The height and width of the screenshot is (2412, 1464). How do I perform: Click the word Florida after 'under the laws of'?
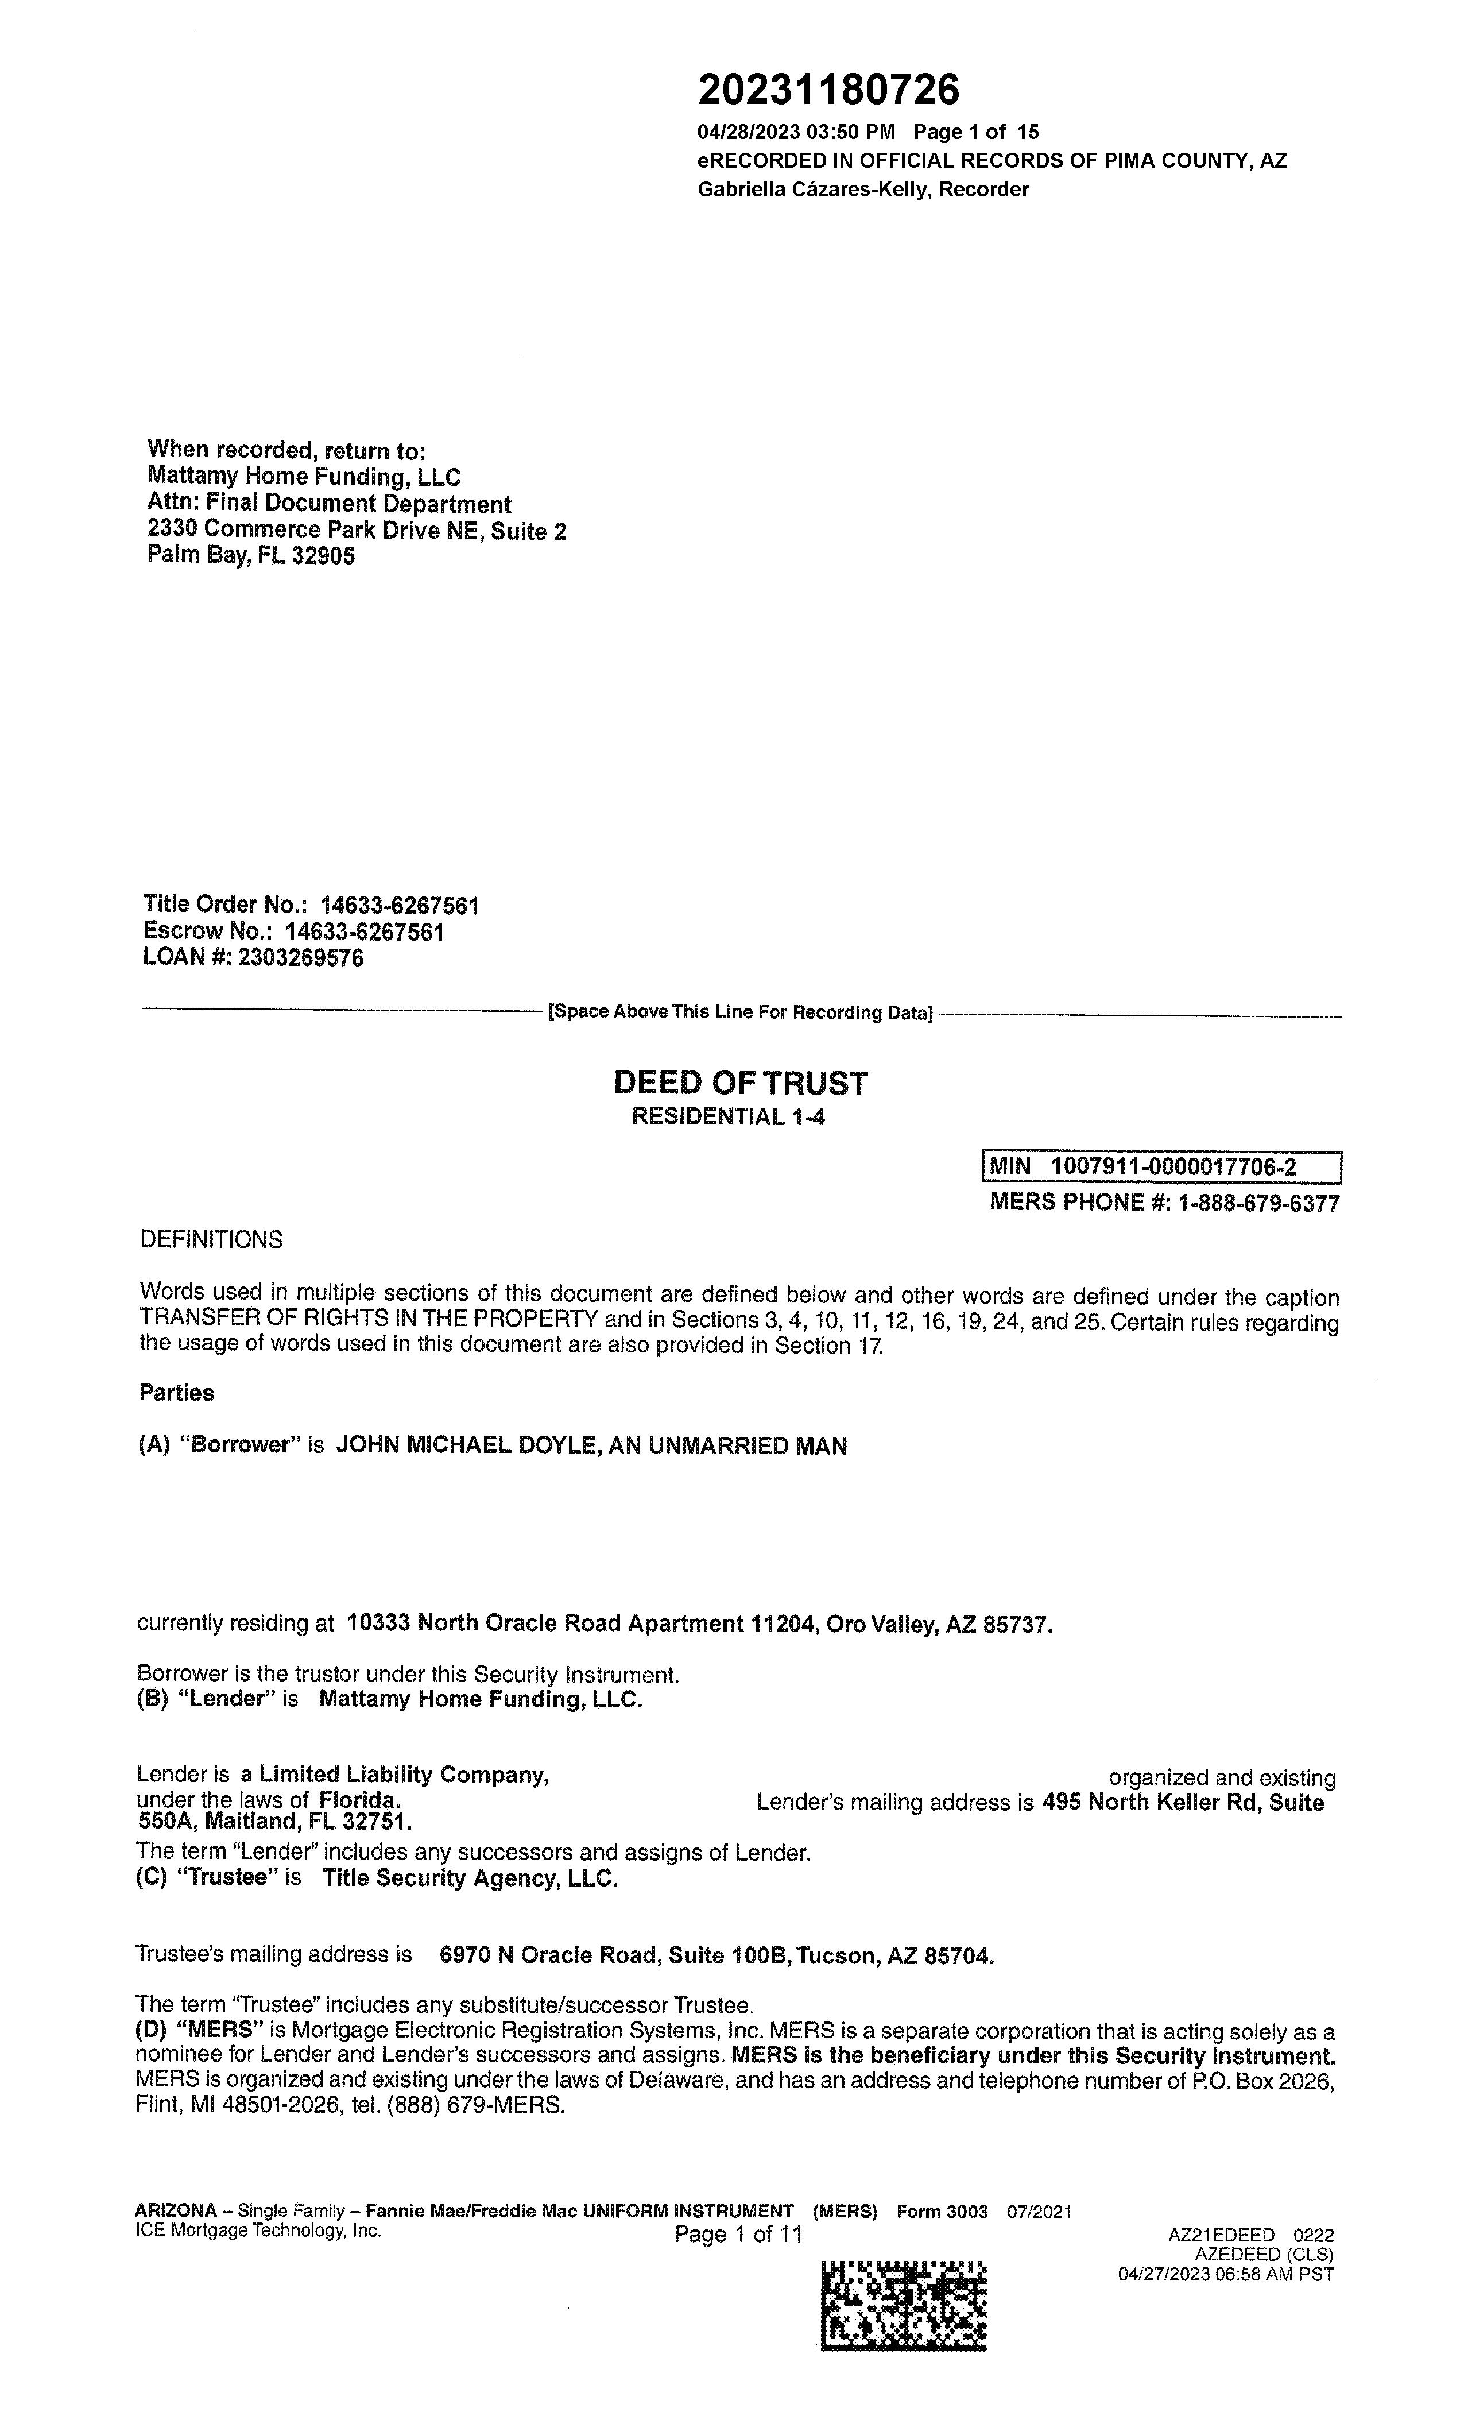(359, 1800)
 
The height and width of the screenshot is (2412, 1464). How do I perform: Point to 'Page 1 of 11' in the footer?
(738, 2235)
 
